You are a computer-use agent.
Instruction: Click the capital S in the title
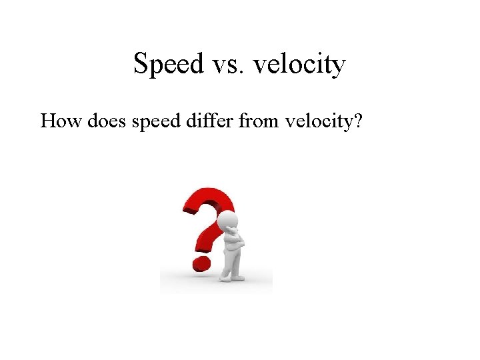pyautogui.click(x=141, y=65)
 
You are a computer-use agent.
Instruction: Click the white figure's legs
pyautogui.click(x=231, y=263)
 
